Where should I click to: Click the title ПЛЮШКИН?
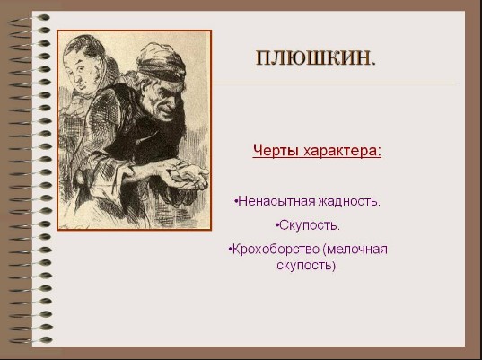click(x=316, y=57)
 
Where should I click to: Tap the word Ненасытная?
click(x=276, y=201)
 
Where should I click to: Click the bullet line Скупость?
click(x=308, y=226)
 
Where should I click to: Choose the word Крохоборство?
click(x=276, y=249)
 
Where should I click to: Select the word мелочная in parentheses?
click(x=357, y=249)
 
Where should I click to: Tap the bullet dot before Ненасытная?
click(x=236, y=202)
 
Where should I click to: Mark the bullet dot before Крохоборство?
click(x=231, y=250)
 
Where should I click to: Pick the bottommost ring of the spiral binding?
click(x=31, y=340)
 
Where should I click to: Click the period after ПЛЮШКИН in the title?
click(x=373, y=64)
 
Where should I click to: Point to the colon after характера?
click(x=379, y=152)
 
